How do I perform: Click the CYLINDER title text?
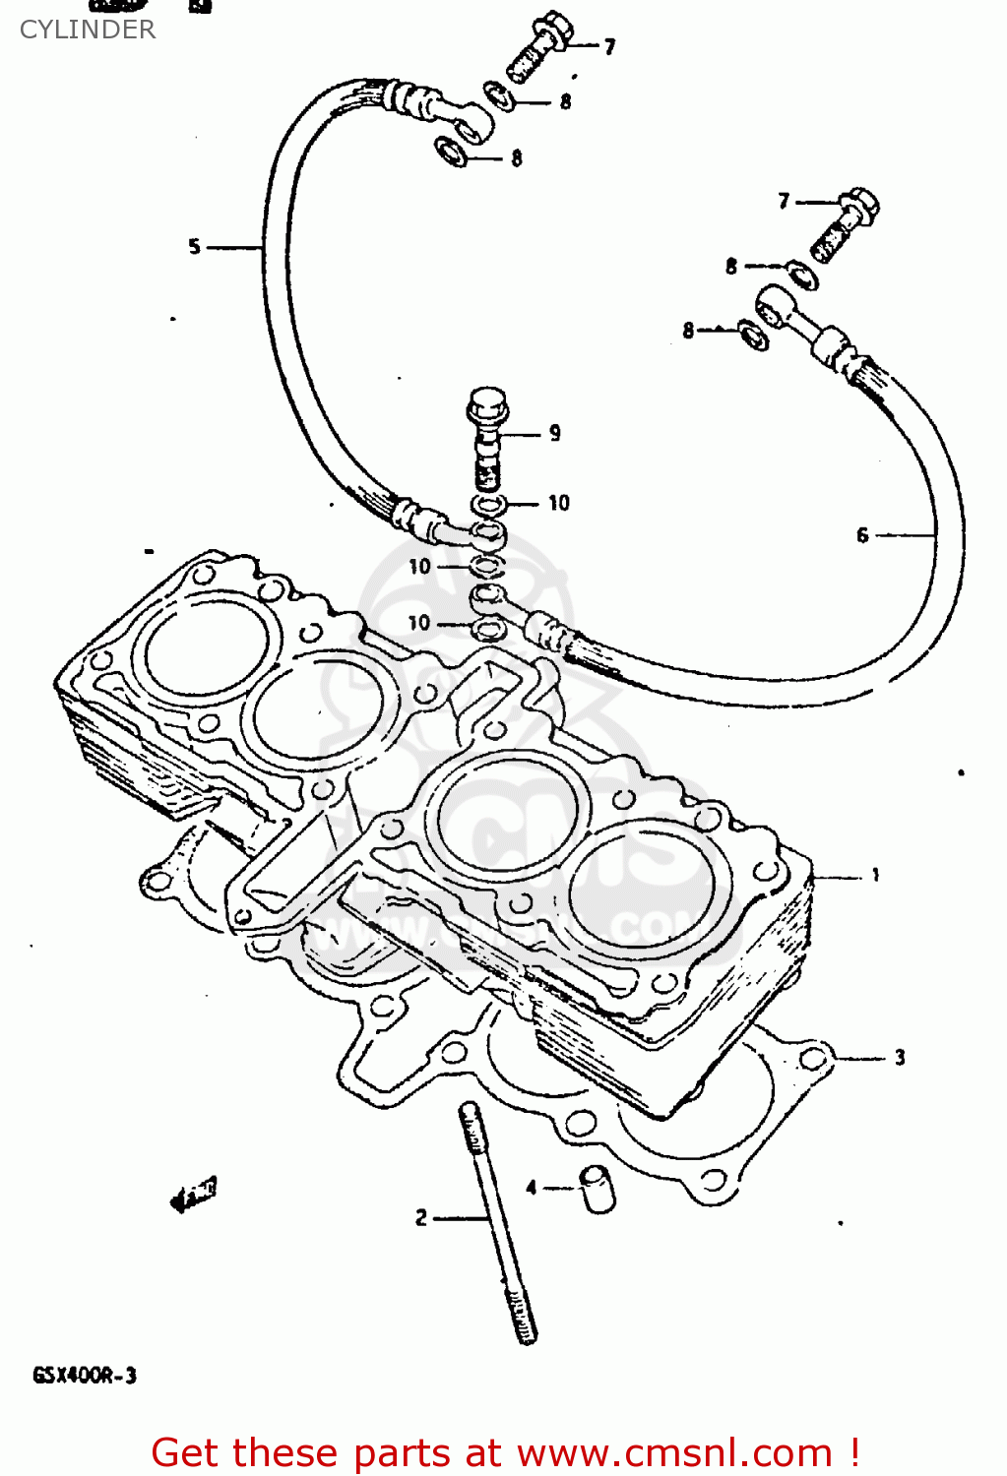coord(88,30)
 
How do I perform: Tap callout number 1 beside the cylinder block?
coord(875,874)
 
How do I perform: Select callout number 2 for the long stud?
coord(421,1218)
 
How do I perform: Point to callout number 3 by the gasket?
coord(899,1058)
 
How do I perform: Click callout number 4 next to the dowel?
coord(532,1188)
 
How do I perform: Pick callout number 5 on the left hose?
coord(194,246)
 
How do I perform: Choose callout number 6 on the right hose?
coord(862,535)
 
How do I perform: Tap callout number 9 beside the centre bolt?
coord(555,433)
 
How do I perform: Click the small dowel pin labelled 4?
coord(597,1189)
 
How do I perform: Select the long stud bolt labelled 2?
coord(497,1225)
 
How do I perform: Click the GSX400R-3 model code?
coord(85,1375)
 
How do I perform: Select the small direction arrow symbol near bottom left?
coord(193,1195)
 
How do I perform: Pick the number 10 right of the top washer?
coord(559,503)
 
